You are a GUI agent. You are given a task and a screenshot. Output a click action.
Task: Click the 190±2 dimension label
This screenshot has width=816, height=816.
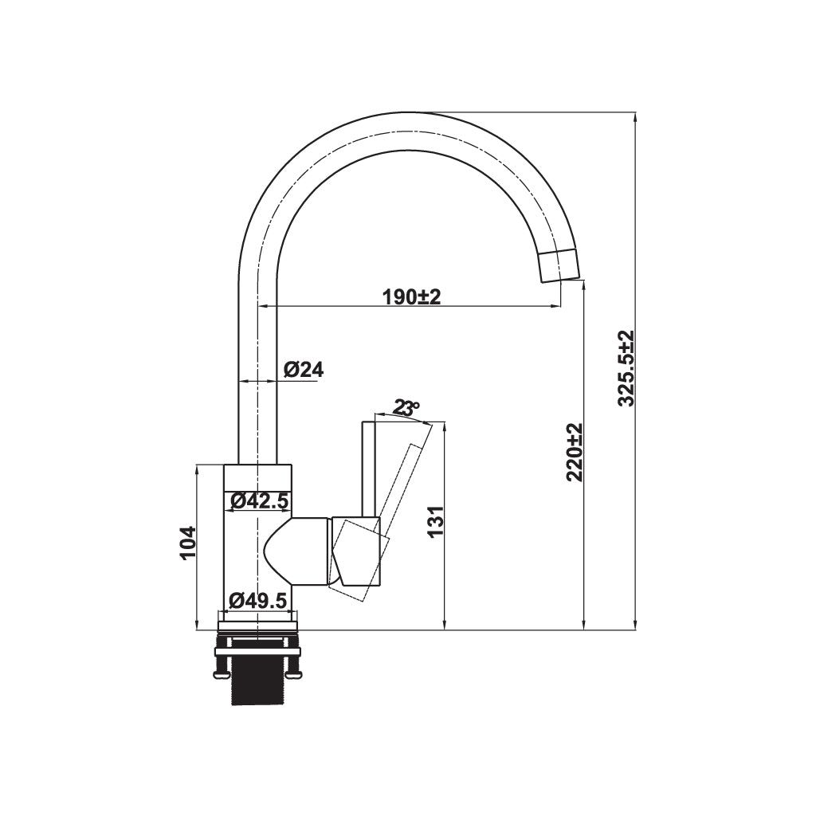pos(411,297)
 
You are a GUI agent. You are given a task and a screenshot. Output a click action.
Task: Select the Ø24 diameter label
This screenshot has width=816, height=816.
pos(304,369)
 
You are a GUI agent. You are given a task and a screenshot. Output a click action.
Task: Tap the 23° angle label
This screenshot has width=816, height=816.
pos(406,409)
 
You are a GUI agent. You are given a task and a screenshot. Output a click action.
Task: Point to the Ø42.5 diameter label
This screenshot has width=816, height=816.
pos(258,501)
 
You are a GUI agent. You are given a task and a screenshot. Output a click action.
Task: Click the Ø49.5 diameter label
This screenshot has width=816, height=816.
pos(257,601)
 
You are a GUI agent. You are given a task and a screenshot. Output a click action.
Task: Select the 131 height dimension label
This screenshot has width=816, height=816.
pos(434,522)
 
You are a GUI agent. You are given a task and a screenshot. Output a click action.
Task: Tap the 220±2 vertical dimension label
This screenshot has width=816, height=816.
pos(575,452)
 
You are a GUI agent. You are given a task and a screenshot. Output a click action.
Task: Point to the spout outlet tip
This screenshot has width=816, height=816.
pos(560,265)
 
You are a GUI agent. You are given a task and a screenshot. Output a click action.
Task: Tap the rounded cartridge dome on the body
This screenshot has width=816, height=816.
pos(295,551)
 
